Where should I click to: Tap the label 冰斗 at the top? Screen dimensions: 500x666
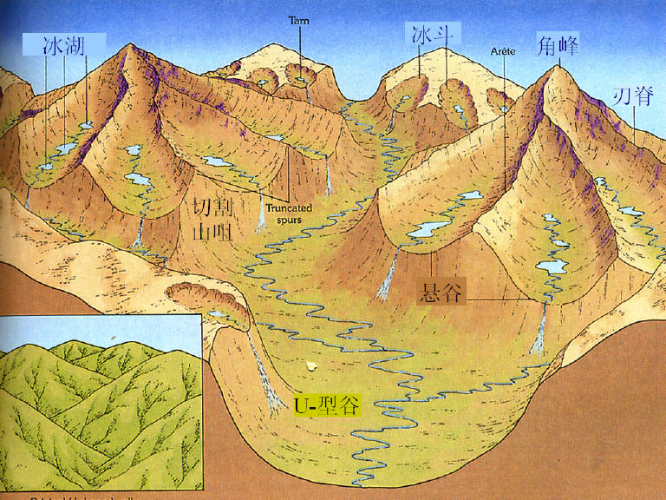[431, 35]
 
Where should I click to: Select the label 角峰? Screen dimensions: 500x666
[558, 45]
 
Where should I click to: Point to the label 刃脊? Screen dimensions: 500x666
[633, 95]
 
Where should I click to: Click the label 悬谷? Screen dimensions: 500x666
[441, 292]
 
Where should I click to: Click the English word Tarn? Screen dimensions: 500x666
[299, 19]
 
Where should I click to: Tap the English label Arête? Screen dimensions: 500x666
[503, 51]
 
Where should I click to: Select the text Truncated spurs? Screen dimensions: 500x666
[288, 214]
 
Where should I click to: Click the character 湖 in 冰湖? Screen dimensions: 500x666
[75, 45]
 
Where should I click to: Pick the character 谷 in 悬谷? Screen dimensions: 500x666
[453, 292]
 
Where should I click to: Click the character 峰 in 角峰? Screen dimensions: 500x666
[569, 45]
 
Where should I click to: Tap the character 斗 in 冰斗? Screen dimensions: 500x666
[442, 35]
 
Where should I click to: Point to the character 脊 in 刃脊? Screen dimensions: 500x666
[643, 95]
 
